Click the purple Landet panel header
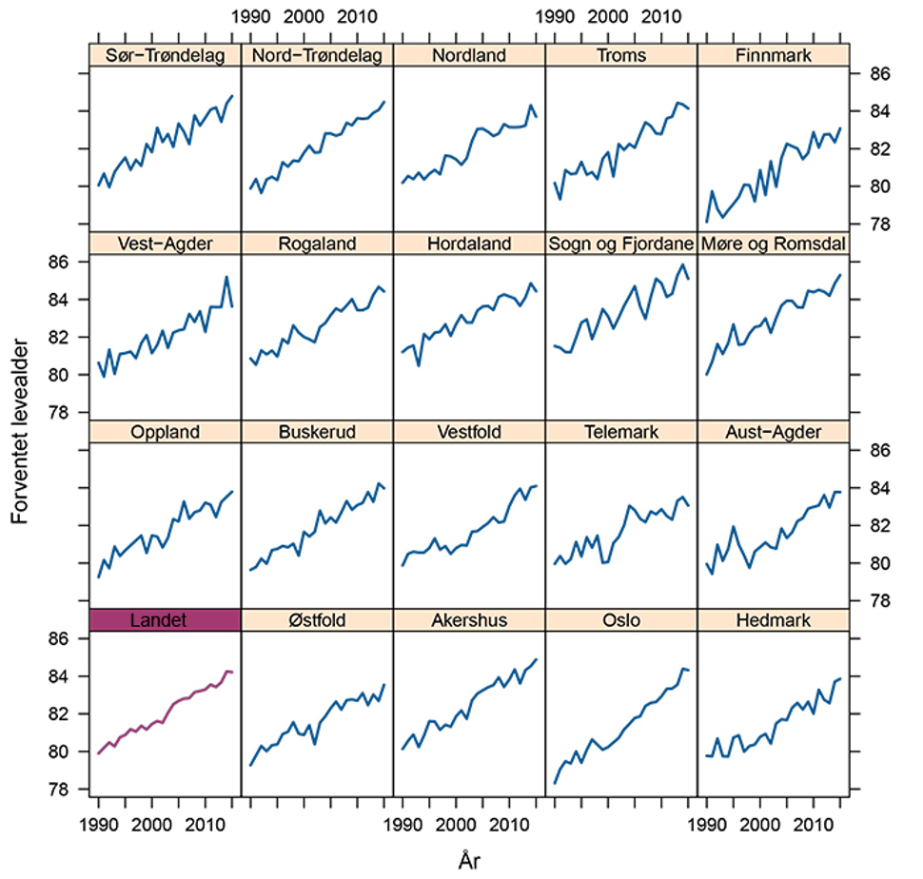click(x=165, y=620)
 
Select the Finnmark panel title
click(x=773, y=55)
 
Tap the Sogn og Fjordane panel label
click(x=621, y=244)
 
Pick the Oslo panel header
click(x=621, y=620)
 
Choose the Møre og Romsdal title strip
click(x=773, y=244)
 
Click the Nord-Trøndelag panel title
click(x=317, y=55)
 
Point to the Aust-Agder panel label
click(x=773, y=432)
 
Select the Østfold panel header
click(x=317, y=620)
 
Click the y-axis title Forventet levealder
click(x=19, y=431)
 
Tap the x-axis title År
click(x=469, y=860)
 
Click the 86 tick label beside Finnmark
click(x=880, y=73)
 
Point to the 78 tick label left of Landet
click(x=58, y=789)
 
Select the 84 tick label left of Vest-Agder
click(x=58, y=300)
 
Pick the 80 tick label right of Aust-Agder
click(x=880, y=563)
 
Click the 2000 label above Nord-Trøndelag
click(x=304, y=16)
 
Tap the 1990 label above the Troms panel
click(x=555, y=16)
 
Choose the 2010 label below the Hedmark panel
click(x=814, y=825)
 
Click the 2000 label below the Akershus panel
click(x=456, y=825)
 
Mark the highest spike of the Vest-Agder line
click(x=226, y=277)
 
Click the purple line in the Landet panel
click(x=166, y=709)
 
